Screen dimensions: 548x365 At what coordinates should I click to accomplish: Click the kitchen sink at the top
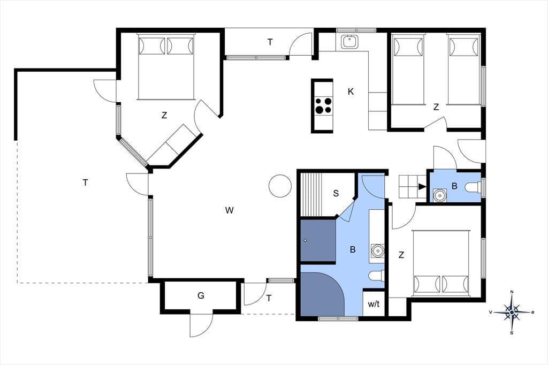click(x=349, y=42)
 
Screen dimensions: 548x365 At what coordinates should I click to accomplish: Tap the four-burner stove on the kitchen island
click(x=323, y=105)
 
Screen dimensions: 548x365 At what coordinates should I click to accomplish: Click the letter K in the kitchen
click(x=351, y=92)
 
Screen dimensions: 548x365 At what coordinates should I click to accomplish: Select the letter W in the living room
click(x=229, y=210)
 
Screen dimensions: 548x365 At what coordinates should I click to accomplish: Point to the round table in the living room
click(x=280, y=186)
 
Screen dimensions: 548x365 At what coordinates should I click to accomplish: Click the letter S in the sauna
click(x=336, y=193)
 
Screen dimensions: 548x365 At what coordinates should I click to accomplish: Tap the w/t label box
click(x=374, y=304)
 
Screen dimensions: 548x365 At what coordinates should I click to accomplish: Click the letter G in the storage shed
click(x=201, y=296)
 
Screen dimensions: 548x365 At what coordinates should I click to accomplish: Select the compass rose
click(x=512, y=311)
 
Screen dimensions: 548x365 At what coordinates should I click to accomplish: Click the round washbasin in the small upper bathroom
click(x=439, y=195)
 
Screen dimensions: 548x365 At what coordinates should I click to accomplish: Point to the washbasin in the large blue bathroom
click(x=377, y=250)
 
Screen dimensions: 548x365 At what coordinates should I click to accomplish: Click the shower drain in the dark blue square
click(x=306, y=240)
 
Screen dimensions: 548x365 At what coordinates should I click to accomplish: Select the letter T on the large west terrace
click(x=85, y=182)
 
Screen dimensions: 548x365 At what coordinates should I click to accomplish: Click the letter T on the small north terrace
click(x=270, y=42)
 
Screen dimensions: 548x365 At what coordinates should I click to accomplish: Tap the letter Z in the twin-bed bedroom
click(x=436, y=107)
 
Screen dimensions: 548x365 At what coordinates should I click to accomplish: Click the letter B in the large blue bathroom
click(x=353, y=249)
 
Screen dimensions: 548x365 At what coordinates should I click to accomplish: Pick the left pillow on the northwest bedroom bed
click(x=151, y=46)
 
